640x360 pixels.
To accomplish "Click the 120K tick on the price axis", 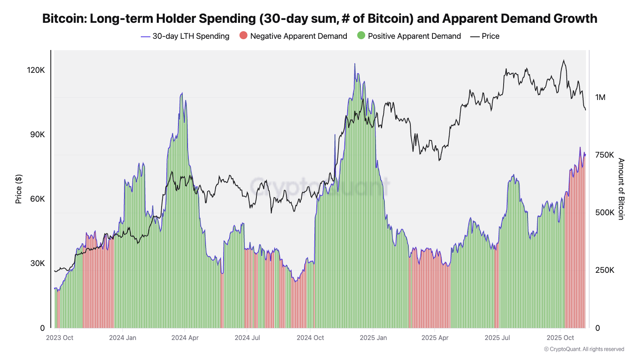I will [36, 70].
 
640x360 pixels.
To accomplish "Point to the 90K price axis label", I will [38, 134].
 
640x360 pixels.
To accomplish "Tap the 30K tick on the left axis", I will [38, 263].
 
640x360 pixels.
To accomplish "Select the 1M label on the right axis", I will [600, 97].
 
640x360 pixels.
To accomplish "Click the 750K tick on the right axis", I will [604, 155].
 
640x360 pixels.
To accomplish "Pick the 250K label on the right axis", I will [604, 270].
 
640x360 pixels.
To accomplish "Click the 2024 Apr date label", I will [185, 338].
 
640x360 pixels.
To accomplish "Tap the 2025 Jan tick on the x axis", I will [373, 338].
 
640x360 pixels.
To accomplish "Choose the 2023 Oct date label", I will [60, 338].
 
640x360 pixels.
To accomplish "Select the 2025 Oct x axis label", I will [560, 338].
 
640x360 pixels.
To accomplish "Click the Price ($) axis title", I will [18, 189].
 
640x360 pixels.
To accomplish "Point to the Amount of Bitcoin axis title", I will [621, 189].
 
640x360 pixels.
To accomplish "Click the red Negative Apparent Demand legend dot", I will [243, 36].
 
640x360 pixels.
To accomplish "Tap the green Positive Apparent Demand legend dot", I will [361, 36].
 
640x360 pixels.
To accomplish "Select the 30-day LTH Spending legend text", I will [191, 36].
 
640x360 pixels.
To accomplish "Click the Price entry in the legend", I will [490, 36].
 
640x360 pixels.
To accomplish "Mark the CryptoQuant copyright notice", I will [584, 349].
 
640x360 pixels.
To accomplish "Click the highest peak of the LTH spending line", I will [354, 64].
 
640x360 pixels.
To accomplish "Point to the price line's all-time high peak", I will [564, 60].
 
